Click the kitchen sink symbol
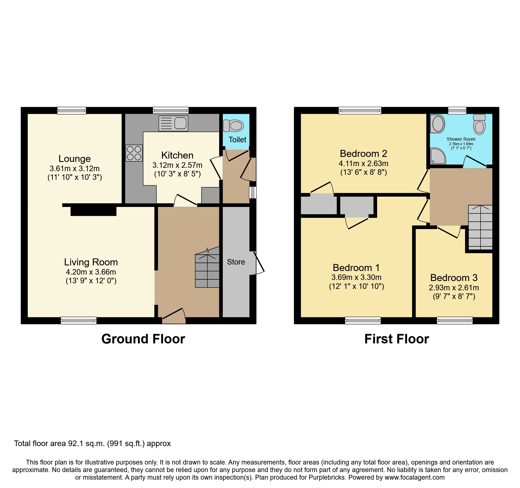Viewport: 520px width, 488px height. [173, 123]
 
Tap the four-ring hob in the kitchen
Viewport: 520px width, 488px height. [134, 153]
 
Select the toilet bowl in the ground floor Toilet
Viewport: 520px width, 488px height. [233, 126]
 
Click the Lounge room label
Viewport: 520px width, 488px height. [74, 159]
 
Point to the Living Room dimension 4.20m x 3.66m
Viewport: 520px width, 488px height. [91, 272]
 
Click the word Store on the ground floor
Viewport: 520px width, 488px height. [236, 262]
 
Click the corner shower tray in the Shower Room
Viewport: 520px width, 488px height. [438, 156]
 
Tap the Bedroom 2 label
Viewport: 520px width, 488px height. [363, 154]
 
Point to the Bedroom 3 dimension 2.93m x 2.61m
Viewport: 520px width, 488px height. [454, 287]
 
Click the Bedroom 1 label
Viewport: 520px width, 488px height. [356, 268]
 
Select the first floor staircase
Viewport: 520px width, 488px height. [480, 227]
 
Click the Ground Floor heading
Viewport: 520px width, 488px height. [143, 339]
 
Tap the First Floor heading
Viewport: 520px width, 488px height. [396, 339]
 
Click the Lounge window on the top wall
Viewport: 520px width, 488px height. [72, 111]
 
